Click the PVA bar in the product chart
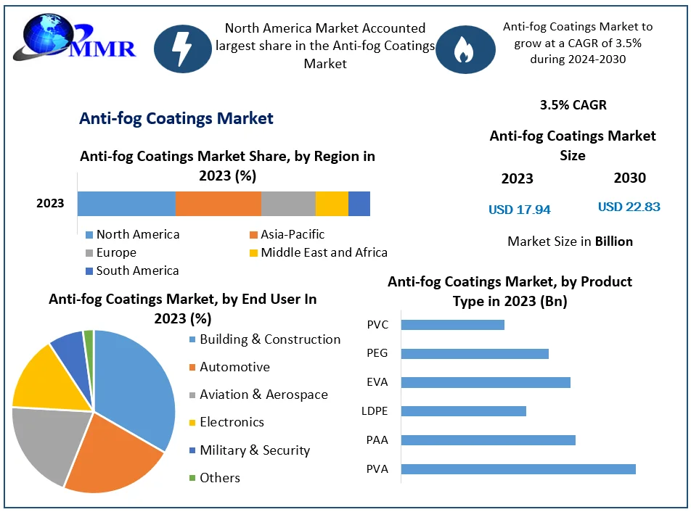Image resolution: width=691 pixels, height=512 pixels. (518, 469)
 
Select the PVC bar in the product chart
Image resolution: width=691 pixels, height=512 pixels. (452, 324)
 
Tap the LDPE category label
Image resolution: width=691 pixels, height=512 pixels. (375, 411)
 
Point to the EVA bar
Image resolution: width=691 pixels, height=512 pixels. (486, 382)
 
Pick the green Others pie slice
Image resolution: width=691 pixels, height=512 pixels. (89, 336)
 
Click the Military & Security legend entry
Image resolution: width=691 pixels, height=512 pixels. (254, 450)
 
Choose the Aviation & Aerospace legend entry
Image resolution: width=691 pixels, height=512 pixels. (263, 395)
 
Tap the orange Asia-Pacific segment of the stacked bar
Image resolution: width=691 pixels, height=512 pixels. (218, 204)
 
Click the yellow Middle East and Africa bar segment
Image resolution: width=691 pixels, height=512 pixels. (332, 204)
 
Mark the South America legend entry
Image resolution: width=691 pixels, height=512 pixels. (136, 271)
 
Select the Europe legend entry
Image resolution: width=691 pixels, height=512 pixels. (115, 252)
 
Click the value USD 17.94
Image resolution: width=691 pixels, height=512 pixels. (519, 210)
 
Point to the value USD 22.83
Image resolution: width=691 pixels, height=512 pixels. (629, 207)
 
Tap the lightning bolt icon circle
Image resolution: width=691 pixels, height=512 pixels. (182, 48)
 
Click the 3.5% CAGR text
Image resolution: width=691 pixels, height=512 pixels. (573, 105)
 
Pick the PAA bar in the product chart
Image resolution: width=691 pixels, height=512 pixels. (488, 440)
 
